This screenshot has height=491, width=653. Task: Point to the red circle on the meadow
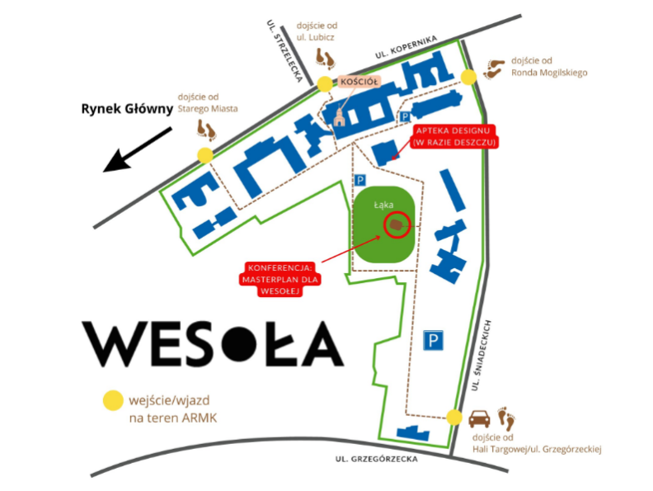point(397,224)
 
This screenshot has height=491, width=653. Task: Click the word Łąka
point(383,204)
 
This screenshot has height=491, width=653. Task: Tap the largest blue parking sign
point(434,340)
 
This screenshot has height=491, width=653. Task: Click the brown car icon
point(480,418)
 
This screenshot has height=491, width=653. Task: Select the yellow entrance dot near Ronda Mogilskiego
point(468,78)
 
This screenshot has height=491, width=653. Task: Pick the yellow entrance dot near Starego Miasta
point(204,154)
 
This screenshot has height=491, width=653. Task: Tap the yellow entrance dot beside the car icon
point(453,417)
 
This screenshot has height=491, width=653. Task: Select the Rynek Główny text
point(125,108)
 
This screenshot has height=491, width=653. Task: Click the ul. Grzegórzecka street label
point(373,460)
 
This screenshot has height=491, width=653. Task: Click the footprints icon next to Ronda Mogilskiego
point(495,68)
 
